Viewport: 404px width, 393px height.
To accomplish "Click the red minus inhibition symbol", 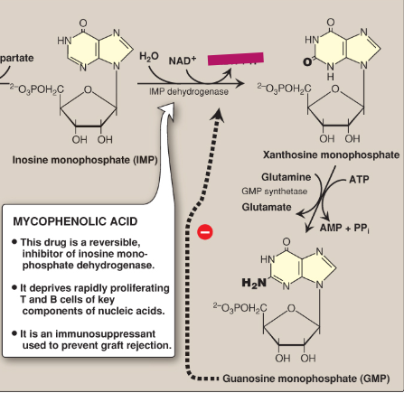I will [204, 232].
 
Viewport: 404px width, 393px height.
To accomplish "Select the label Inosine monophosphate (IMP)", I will [72, 160].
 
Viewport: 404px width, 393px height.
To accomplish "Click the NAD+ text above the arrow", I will [183, 61].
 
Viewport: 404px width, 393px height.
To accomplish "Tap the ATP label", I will [358, 180].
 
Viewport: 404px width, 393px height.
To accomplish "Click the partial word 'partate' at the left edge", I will [17, 57].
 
